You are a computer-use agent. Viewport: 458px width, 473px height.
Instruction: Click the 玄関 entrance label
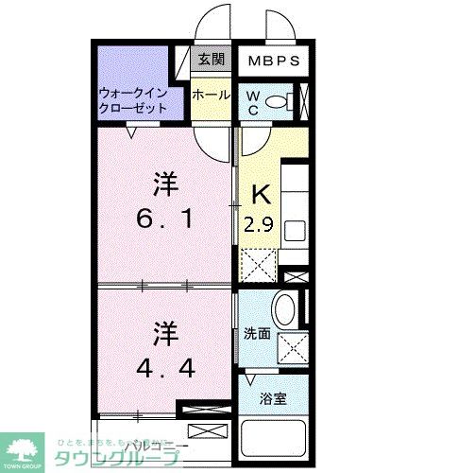point(210,59)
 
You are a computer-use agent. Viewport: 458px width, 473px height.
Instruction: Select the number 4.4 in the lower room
point(165,368)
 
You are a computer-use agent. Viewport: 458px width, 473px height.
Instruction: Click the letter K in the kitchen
point(261,194)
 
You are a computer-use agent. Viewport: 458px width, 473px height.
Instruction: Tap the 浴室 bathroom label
point(274,397)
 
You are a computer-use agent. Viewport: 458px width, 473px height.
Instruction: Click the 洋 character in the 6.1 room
point(166,182)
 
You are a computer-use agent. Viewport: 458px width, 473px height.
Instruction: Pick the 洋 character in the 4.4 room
point(166,333)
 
